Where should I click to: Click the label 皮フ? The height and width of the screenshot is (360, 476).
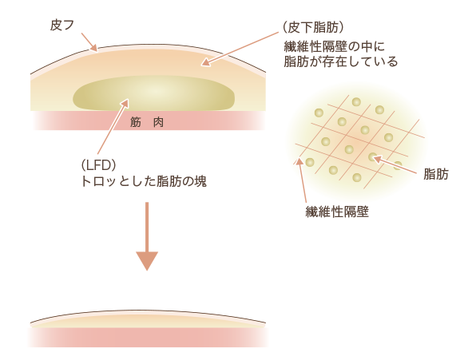tap(61, 26)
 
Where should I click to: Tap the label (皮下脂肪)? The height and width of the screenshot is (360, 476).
tap(313, 28)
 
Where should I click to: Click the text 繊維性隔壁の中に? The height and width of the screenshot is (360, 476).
tap(334, 47)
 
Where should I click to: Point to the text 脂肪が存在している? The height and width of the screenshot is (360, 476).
tap(340, 61)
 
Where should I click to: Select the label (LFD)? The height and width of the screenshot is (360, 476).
tap(98, 165)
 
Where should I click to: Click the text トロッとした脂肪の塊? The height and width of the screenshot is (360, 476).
tap(144, 181)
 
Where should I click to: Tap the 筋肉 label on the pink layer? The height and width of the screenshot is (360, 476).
tap(147, 122)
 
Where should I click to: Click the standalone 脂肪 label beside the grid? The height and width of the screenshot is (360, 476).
tap(436, 175)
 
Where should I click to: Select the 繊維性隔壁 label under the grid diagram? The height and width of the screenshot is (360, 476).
tap(337, 212)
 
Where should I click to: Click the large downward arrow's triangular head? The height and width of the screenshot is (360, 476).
tap(147, 260)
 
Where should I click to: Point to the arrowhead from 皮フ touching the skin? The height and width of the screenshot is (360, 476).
tap(94, 48)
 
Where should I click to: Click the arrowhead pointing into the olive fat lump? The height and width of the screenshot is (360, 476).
tap(125, 102)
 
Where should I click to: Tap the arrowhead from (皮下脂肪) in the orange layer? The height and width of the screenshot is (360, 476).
tap(205, 62)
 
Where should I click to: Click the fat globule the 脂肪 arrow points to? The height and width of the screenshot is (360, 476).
tap(372, 156)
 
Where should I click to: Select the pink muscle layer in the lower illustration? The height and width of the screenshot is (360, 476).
tap(148, 338)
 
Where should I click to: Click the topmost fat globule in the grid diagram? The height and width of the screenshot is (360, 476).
tap(356, 101)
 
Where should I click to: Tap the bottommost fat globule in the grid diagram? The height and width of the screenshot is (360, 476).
tap(357, 177)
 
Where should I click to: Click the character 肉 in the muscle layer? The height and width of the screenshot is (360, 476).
tap(158, 122)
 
